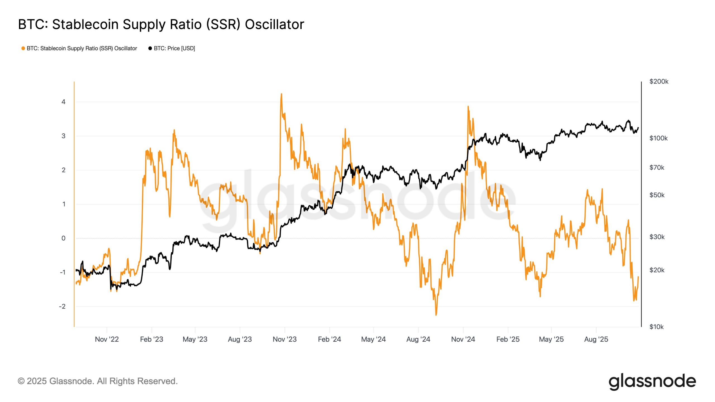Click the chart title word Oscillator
(x=274, y=24)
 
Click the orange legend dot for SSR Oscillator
(x=23, y=48)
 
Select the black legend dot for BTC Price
(x=150, y=48)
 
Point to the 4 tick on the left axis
(x=64, y=102)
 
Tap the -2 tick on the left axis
(x=62, y=306)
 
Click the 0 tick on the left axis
(x=64, y=238)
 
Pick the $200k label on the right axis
(x=659, y=82)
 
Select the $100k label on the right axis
(x=658, y=138)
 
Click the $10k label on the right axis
(x=656, y=327)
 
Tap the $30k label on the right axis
(x=657, y=237)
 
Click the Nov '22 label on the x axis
(x=107, y=339)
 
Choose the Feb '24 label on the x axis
(x=329, y=339)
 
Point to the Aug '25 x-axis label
(x=596, y=339)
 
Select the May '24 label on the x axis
(x=373, y=339)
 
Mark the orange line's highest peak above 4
(x=281, y=94)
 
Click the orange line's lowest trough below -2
(x=436, y=315)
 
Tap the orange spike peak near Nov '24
(x=468, y=106)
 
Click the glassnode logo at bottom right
(x=652, y=381)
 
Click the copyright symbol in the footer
(x=21, y=381)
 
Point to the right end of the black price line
(x=638, y=128)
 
